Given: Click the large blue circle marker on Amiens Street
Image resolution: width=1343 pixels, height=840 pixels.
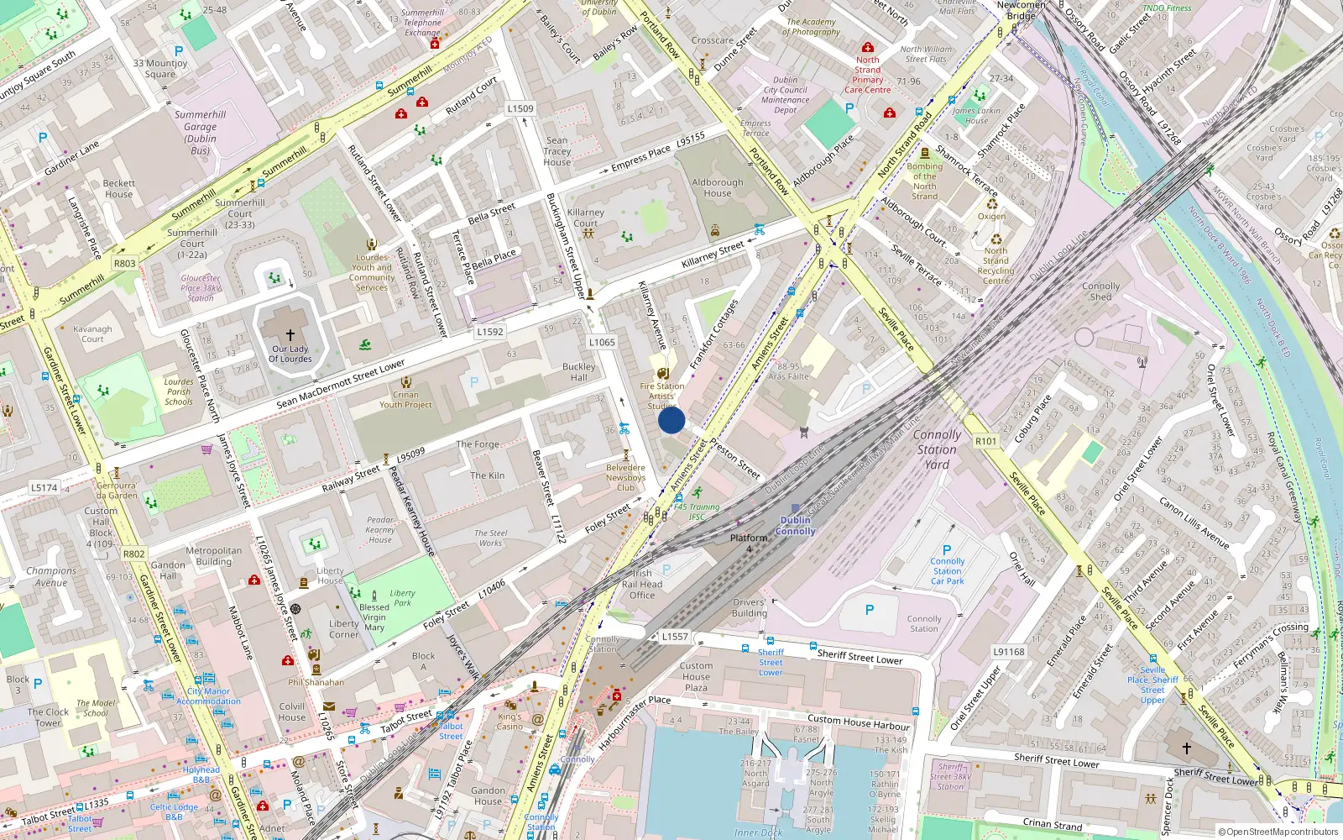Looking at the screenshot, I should point(671,420).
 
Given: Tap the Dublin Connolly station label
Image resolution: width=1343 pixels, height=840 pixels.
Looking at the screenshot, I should point(795,525).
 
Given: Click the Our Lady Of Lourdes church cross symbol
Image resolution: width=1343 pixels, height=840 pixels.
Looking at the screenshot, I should point(290,334).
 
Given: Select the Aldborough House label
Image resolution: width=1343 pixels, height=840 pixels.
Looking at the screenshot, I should point(717,187).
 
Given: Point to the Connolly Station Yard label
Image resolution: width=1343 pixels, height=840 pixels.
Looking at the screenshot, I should point(937,449).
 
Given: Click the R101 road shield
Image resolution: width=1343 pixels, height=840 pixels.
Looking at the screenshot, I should point(985,441).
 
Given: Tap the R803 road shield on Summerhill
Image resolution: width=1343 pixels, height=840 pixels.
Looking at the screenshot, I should point(124,263).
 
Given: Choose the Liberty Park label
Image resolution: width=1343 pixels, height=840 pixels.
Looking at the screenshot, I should point(402,597).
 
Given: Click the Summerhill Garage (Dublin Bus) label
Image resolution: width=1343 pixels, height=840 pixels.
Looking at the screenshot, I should point(201,132).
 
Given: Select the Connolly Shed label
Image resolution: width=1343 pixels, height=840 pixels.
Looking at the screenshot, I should point(1100,291).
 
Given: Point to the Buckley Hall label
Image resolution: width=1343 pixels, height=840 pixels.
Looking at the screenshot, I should point(579,372).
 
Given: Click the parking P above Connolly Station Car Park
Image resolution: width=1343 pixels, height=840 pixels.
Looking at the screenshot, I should point(947,550).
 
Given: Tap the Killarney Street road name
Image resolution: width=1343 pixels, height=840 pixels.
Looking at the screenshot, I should point(713,254).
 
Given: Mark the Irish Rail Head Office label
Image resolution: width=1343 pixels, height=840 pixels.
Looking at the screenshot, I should point(642,584).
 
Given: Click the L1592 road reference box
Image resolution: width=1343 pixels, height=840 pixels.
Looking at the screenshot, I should point(490,332).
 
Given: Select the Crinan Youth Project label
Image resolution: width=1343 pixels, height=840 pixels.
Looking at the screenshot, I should point(405,399).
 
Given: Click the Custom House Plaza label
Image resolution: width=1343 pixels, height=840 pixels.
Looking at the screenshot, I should point(696,676).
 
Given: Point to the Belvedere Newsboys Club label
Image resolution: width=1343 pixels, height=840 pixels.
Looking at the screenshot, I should point(625,477).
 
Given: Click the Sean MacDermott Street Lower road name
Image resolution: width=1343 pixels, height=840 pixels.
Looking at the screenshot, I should point(341,385).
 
